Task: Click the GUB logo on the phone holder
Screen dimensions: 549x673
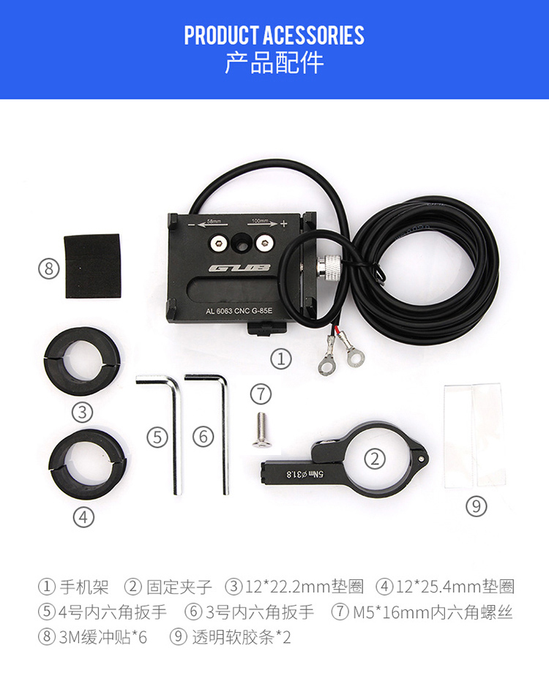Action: pyautogui.click(x=239, y=268)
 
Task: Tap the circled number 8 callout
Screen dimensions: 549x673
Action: pyautogui.click(x=48, y=268)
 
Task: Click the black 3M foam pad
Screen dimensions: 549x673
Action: pyautogui.click(x=92, y=266)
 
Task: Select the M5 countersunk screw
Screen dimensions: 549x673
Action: pyautogui.click(x=261, y=430)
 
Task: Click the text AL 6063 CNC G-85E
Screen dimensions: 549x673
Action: pyautogui.click(x=239, y=311)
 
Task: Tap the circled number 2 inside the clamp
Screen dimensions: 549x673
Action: pyautogui.click(x=375, y=459)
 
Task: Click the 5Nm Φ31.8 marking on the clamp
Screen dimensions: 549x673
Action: pyautogui.click(x=305, y=474)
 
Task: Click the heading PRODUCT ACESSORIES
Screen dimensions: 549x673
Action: pyautogui.click(x=274, y=35)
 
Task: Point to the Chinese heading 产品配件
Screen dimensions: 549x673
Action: pyautogui.click(x=274, y=63)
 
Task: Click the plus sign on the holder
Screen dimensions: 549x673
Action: pyautogui.click(x=283, y=224)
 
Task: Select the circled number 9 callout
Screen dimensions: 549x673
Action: pyautogui.click(x=477, y=506)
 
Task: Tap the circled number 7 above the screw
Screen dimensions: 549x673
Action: pyautogui.click(x=261, y=394)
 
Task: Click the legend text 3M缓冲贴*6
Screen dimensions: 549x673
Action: pyautogui.click(x=103, y=637)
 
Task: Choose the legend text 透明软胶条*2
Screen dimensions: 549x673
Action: pyautogui.click(x=242, y=637)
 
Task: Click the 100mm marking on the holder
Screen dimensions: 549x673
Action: pyautogui.click(x=259, y=220)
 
